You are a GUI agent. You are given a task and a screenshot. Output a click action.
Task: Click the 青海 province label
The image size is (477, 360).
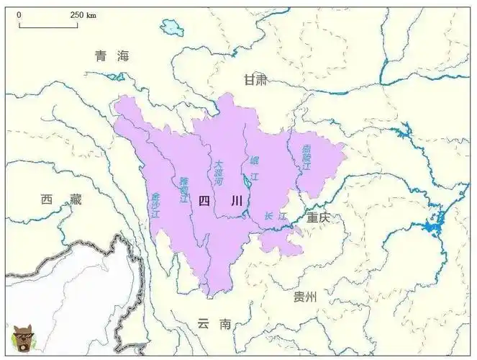[x=112, y=56]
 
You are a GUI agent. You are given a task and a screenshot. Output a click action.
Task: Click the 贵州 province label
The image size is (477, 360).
[x=305, y=297]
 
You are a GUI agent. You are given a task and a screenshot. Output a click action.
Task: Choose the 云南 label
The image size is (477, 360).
[x=214, y=324]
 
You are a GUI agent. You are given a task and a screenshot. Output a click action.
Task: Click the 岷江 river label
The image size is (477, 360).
[x=254, y=167]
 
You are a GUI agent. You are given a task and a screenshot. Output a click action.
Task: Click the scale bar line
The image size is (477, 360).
[x=48, y=27]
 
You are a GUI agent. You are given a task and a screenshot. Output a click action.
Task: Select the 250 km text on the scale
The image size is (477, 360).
[x=83, y=15]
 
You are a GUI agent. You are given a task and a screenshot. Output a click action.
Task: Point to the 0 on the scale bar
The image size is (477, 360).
[x=19, y=15]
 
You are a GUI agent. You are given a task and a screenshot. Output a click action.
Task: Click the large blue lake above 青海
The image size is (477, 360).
[x=172, y=28]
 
